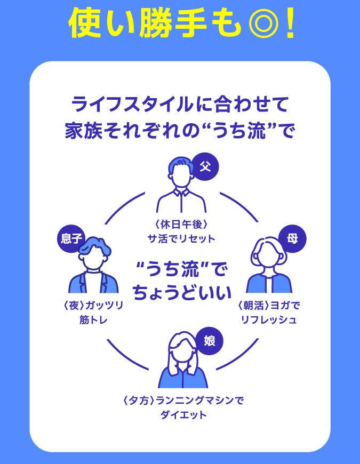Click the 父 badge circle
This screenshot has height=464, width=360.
pos(205,166)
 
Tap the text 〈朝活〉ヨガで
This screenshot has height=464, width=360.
pos(268,306)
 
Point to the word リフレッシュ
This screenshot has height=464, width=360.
pos(268,320)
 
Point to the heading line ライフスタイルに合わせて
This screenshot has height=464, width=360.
pos(180,103)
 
